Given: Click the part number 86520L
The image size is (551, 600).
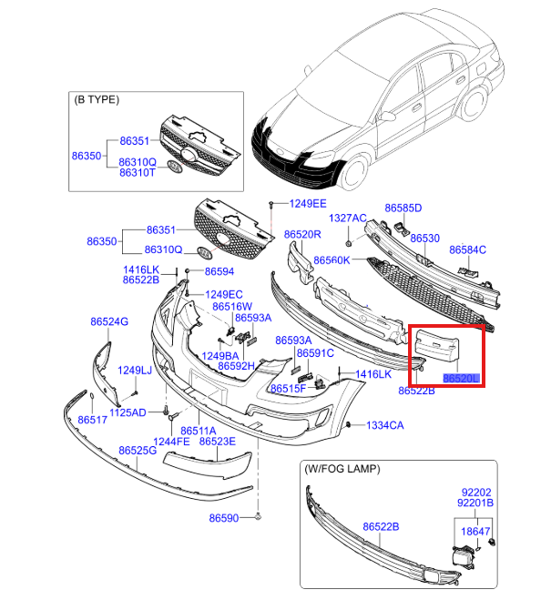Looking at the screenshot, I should (461, 376).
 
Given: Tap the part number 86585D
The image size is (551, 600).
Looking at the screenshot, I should (403, 208).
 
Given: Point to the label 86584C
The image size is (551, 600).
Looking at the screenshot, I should (467, 249).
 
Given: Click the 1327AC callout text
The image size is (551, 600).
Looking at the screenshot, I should (347, 218).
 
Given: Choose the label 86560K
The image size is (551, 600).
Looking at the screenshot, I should (332, 260).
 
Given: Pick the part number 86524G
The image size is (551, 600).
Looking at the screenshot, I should (108, 321).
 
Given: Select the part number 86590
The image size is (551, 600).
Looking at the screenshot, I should (223, 518).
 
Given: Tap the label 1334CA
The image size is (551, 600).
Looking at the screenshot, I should (385, 425).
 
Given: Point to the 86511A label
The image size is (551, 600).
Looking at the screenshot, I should (198, 431).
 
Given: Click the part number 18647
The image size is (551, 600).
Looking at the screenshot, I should (474, 530).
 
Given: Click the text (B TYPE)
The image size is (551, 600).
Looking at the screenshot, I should (97, 99).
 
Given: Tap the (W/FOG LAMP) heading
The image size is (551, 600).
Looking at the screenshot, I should (342, 469).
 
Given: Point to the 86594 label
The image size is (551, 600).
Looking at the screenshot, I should (219, 271).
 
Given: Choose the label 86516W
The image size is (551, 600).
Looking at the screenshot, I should (231, 307).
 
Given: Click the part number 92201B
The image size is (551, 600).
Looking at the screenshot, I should (474, 503).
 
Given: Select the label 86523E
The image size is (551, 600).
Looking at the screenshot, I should (218, 441).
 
